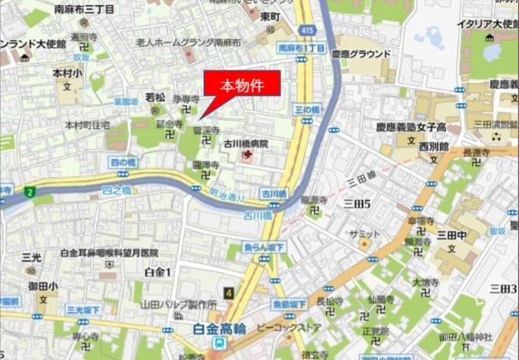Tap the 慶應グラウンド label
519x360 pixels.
pyautogui.click(x=361, y=54)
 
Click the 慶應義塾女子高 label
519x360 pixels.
pyautogui.click(x=410, y=127)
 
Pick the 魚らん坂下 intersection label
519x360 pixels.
pyautogui.click(x=265, y=247)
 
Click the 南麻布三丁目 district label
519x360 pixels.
pyautogui.click(x=85, y=9)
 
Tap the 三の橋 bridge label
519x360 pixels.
pyautogui.click(x=307, y=110)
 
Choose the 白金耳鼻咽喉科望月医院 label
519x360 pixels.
pyautogui.click(x=108, y=252)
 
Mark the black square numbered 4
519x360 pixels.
pyautogui.click(x=229, y=293)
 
